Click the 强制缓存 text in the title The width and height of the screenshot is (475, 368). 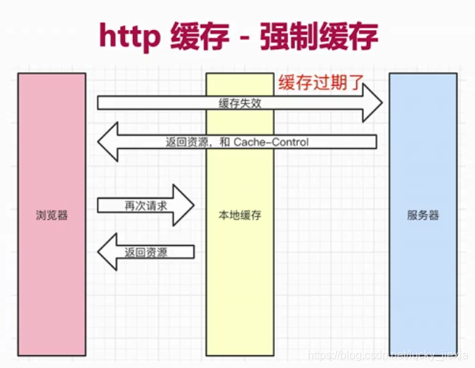[319, 36]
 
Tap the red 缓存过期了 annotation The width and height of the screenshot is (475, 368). [321, 82]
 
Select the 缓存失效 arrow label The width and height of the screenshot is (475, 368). [240, 103]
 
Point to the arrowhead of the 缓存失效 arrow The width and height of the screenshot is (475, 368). [372, 103]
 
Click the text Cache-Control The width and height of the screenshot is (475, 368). [271, 142]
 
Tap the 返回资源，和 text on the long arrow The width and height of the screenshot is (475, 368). [198, 142]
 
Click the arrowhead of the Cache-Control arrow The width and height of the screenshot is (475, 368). [108, 141]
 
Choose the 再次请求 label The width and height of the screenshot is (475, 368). [145, 206]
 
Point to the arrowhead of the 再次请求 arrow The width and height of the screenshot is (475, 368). [183, 205]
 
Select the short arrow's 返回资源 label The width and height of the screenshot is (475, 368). [145, 252]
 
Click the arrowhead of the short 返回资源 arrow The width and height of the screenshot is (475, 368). [108, 251]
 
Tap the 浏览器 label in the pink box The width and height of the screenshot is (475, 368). [52, 215]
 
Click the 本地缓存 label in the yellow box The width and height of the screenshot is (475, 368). [240, 215]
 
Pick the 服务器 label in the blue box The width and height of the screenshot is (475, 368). [423, 215]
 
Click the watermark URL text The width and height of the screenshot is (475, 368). [389, 355]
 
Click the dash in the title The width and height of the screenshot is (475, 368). [244, 39]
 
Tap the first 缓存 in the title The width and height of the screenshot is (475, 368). [200, 36]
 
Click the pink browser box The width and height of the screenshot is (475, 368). [52, 214]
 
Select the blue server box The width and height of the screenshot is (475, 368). [423, 214]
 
